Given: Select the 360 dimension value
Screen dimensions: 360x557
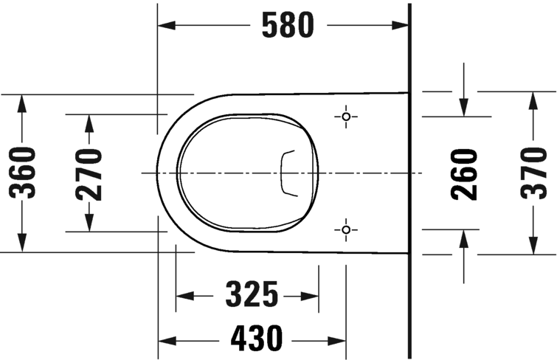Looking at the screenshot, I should [25, 173].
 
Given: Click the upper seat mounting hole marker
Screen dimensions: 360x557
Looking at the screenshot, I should [345, 117].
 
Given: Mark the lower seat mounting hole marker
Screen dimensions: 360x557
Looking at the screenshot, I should [345, 231].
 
